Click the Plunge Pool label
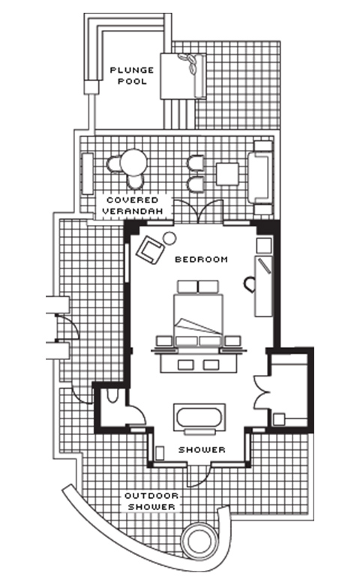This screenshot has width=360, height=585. [132, 76]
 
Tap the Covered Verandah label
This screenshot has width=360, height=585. [133, 205]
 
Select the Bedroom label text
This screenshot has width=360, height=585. [202, 259]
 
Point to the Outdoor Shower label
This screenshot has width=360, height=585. [151, 502]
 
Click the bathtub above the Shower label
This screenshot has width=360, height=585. [199, 418]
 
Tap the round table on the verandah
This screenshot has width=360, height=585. [133, 162]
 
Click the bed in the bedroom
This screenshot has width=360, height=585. [198, 315]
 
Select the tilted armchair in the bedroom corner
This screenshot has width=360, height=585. [150, 249]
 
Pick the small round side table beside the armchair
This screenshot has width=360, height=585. [169, 237]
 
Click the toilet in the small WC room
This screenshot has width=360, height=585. [112, 397]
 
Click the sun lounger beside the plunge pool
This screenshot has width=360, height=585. [183, 76]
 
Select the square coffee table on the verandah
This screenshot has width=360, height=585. [227, 174]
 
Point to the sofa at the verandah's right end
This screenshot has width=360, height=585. [261, 178]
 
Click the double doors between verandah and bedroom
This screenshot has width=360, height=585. [198, 211]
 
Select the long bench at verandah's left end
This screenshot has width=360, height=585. [87, 173]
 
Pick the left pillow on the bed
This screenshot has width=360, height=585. [187, 286]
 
